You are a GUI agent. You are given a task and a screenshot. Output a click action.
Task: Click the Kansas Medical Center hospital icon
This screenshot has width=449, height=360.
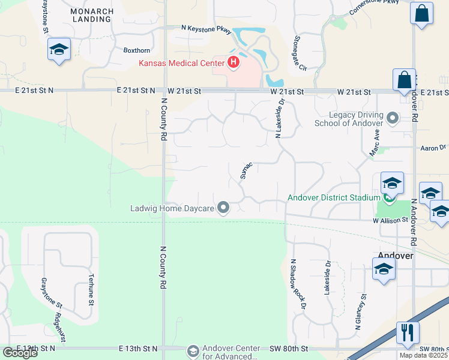[x=233, y=62]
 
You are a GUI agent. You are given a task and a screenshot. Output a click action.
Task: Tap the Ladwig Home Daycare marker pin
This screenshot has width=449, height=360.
[x=224, y=209]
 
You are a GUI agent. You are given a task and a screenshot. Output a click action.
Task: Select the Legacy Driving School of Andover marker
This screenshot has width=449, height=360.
[x=394, y=118]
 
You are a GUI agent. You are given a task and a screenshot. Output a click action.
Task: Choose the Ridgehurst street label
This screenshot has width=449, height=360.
[x=59, y=316]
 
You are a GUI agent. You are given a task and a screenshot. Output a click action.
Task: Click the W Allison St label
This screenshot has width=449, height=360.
[x=390, y=221]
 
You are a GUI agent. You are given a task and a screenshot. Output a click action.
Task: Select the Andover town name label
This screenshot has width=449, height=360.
[x=396, y=256]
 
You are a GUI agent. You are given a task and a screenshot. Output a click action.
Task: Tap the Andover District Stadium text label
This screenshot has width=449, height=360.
[x=334, y=197]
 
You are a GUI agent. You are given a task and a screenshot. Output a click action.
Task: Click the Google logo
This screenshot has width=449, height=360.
[x=20, y=353]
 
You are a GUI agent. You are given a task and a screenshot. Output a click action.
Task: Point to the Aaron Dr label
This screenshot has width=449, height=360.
[x=434, y=148]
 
